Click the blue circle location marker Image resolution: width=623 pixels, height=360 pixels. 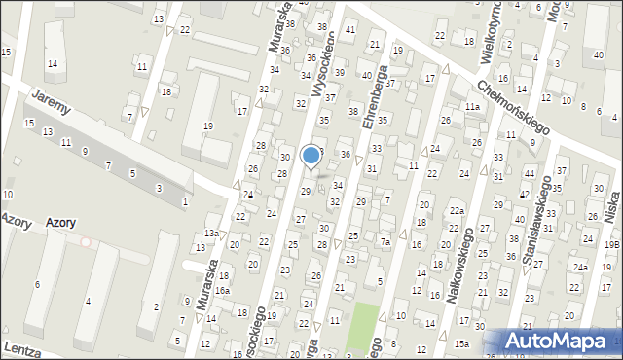[x=311, y=155]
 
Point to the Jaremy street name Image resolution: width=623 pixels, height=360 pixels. [x=51, y=101]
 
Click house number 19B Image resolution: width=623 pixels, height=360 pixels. [x=611, y=245]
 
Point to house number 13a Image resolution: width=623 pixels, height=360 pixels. [x=211, y=234]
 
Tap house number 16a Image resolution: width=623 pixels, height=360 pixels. [x=222, y=291]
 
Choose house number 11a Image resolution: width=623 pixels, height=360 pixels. [x=472, y=106]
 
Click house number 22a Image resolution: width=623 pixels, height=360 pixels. [x=456, y=211]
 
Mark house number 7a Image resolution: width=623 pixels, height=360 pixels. [x=385, y=241]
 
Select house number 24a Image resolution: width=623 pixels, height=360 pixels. [x=580, y=267]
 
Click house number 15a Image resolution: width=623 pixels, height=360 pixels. [x=461, y=343]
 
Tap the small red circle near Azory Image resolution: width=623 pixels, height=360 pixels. [x=86, y=241]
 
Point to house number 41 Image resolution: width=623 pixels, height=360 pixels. [x=350, y=31]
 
